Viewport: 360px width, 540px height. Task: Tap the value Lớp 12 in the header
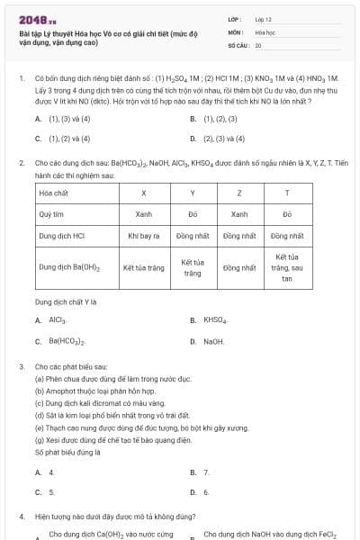(264, 18)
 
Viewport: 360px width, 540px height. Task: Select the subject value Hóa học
(265, 31)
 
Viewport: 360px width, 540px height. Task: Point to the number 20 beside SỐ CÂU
(258, 44)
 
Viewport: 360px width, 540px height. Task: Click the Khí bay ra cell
(144, 236)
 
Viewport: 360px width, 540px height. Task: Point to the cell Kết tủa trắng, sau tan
(286, 268)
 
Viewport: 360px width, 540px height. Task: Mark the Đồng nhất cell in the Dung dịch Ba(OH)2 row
(239, 268)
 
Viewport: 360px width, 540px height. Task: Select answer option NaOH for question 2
(213, 342)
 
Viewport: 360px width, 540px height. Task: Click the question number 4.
(21, 517)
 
